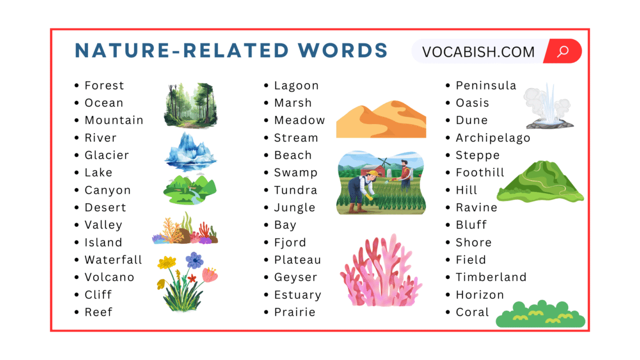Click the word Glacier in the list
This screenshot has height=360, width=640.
coord(107,155)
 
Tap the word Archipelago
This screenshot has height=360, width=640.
coord(492,138)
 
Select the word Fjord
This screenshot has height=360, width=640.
coord(290,243)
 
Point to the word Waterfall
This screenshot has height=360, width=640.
coord(113,260)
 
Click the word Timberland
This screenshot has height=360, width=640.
coord(491,277)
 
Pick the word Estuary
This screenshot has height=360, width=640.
coord(298,295)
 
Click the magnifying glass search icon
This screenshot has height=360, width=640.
coord(563,52)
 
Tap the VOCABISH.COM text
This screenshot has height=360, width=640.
coord(478,52)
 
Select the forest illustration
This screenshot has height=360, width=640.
coord(190,106)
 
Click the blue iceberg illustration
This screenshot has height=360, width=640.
coord(190,151)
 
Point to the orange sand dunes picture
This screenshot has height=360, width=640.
coord(381,119)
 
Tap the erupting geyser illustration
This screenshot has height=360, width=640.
coord(548,107)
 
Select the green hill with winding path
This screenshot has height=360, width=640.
coord(540,181)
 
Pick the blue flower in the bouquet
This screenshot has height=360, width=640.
coord(194,260)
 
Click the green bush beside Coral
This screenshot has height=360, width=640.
coord(540,315)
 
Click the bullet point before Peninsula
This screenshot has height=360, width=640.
coord(448,86)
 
